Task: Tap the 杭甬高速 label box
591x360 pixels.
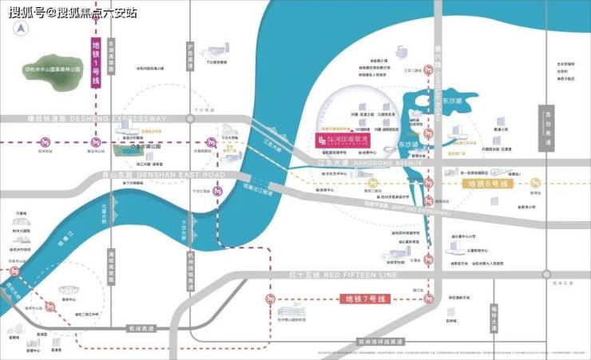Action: pos(140,327)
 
